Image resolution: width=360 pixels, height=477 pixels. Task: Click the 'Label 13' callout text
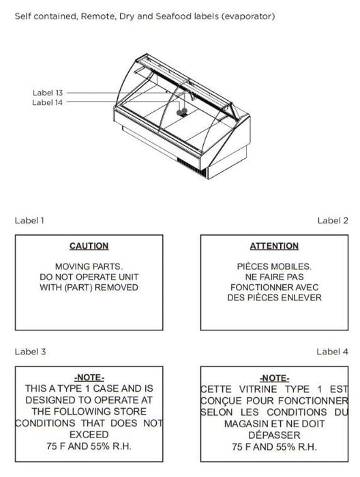tap(48, 93)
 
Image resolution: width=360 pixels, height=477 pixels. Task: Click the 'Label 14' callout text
tap(48, 102)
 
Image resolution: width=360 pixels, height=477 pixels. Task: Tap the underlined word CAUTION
tap(89, 246)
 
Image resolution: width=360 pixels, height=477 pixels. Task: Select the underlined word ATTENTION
tap(274, 246)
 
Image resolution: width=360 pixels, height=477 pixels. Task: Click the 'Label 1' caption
tap(29, 220)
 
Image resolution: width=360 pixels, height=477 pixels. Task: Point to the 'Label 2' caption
tap(333, 220)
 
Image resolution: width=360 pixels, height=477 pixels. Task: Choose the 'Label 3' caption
tap(30, 352)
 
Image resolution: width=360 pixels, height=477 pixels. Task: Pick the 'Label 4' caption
tap(332, 352)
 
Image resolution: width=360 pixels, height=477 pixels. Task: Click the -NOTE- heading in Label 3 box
tap(89, 378)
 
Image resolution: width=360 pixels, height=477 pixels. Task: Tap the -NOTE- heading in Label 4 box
tap(275, 378)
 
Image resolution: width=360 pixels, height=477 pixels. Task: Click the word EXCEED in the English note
tap(89, 435)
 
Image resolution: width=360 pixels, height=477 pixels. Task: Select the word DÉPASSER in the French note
tap(274, 435)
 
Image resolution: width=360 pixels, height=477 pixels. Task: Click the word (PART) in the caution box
tap(78, 287)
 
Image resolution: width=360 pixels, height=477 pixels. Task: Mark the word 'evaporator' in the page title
tap(248, 16)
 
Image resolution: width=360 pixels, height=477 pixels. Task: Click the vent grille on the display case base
tap(192, 167)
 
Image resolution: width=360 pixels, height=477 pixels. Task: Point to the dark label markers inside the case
tap(182, 112)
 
